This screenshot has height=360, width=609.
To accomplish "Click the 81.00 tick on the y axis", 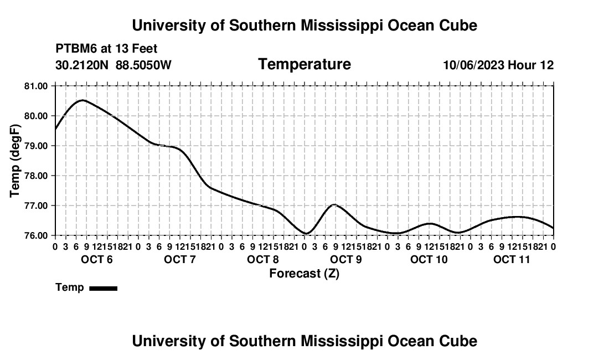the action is (36, 86).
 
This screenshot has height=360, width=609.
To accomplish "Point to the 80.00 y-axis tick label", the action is (36, 116).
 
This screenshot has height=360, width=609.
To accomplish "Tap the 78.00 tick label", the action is (36, 176).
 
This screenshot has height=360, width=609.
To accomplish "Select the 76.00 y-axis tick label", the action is (36, 235).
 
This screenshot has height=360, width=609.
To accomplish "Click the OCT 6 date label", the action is (97, 259).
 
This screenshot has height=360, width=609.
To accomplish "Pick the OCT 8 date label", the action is (262, 259).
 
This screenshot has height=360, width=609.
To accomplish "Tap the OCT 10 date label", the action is (429, 259).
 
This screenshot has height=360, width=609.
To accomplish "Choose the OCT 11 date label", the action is (512, 259).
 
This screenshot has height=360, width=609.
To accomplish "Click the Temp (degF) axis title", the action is (15, 161).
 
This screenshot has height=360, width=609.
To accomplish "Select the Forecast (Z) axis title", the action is (304, 274).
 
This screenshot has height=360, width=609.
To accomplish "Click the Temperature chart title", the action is (304, 64).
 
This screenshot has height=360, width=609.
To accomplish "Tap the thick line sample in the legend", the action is (104, 288).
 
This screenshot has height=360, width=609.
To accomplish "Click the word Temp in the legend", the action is (70, 287).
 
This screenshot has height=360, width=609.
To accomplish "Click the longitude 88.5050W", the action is (143, 65).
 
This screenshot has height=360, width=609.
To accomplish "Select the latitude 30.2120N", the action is (82, 65).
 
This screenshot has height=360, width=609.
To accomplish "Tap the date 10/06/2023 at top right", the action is (474, 65).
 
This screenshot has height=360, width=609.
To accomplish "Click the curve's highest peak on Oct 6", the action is (82, 100).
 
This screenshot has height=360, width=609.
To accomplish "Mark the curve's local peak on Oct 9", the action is (334, 205).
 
